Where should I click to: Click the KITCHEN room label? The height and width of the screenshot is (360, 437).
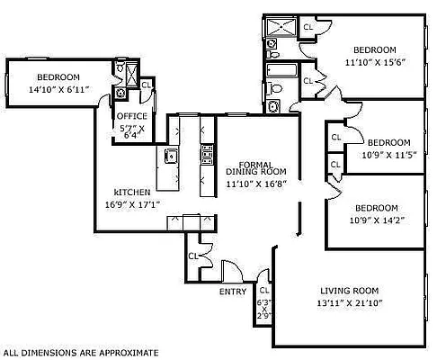click(x=131, y=193)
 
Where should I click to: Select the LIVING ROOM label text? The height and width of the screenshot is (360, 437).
click(x=350, y=291)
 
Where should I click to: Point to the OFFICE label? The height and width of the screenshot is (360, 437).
click(x=131, y=116)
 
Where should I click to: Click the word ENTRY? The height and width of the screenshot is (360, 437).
click(x=233, y=292)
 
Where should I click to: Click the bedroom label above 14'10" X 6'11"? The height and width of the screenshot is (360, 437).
click(x=58, y=77)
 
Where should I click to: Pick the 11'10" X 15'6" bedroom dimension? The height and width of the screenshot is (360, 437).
click(x=374, y=62)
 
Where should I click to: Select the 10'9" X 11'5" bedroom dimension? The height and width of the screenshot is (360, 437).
click(x=388, y=155)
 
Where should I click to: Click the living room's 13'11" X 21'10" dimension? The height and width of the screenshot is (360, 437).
click(x=350, y=303)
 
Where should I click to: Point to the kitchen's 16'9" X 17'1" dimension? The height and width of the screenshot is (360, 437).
click(x=131, y=204)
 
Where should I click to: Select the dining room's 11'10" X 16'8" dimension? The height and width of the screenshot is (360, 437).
click(x=255, y=183)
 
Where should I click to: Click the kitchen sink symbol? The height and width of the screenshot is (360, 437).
click(x=172, y=157)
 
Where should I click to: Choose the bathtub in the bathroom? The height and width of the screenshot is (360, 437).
click(x=279, y=69)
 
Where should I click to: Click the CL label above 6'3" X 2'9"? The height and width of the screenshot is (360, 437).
click(x=263, y=291)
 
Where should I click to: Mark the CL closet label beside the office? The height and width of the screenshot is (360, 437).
click(x=146, y=85)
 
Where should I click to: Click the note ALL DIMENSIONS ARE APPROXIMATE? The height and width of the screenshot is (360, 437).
click(x=81, y=352)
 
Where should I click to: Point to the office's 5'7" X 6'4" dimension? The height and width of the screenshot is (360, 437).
click(x=131, y=132)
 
